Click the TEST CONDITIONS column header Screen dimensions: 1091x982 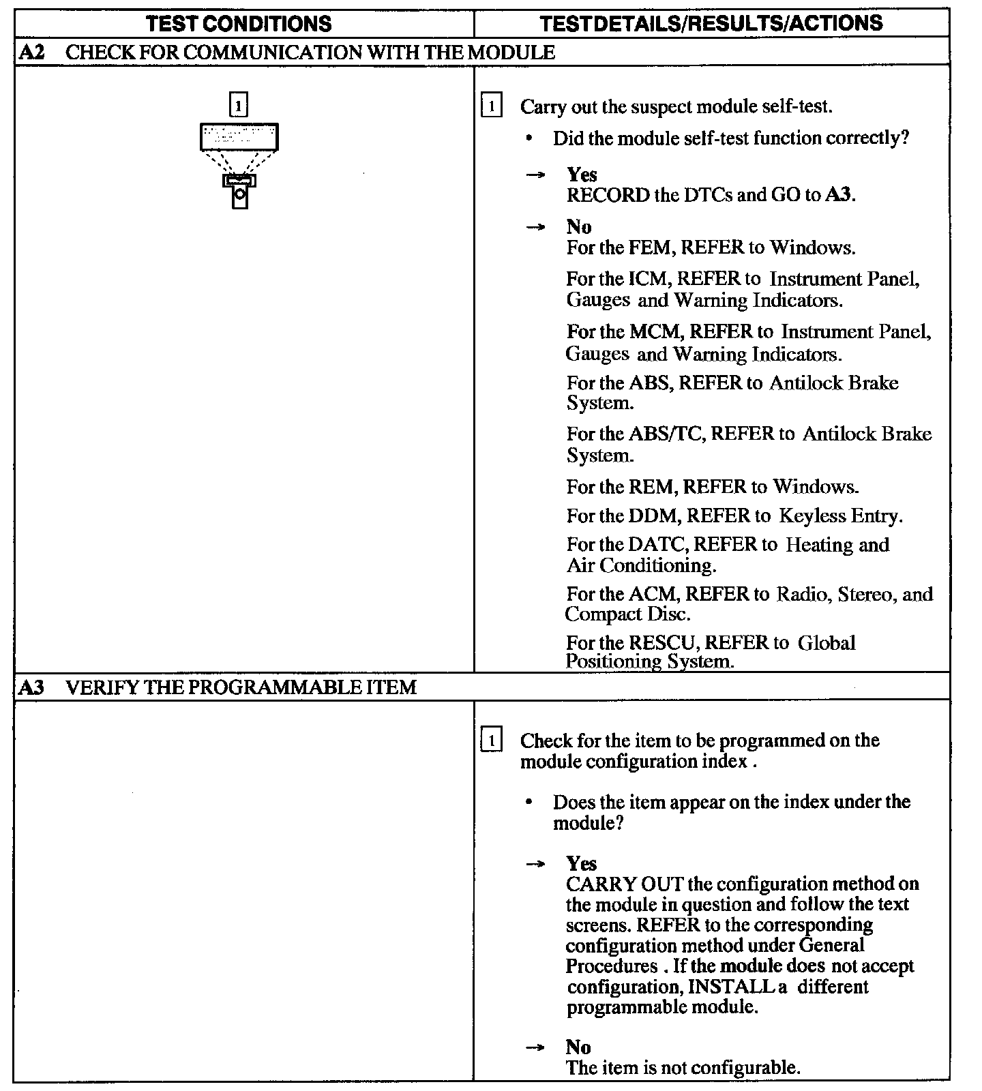point(239,23)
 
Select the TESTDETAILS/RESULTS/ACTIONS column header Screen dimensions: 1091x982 point(711,23)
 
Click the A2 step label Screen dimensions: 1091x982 point(32,53)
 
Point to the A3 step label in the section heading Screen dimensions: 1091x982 point(32,687)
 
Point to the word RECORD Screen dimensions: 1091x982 point(608,195)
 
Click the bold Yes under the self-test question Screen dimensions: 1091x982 point(581,175)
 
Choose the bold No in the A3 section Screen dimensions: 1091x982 point(578,1047)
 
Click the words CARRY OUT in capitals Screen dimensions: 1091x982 point(624,884)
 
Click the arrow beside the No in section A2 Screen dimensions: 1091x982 point(535,228)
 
